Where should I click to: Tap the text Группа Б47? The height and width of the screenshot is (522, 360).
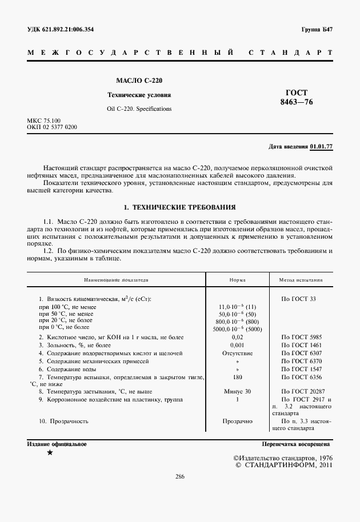[x=317, y=30]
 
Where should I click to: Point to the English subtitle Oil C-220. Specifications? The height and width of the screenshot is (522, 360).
[x=139, y=108]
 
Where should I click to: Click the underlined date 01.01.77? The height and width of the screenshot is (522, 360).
[x=321, y=147]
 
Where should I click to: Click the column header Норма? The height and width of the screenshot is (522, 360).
[x=238, y=280]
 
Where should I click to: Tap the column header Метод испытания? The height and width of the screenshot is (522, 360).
[x=301, y=280]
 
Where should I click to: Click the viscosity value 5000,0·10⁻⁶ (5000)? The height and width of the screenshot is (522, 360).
[x=237, y=329]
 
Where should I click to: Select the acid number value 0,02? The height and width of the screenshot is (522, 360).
[x=238, y=338]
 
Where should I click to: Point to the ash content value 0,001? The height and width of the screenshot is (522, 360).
[x=238, y=346]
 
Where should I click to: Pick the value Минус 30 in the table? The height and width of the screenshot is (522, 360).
[x=238, y=392]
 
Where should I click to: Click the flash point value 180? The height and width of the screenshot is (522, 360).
[x=238, y=377]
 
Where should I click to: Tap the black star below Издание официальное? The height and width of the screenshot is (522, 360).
[x=50, y=452]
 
